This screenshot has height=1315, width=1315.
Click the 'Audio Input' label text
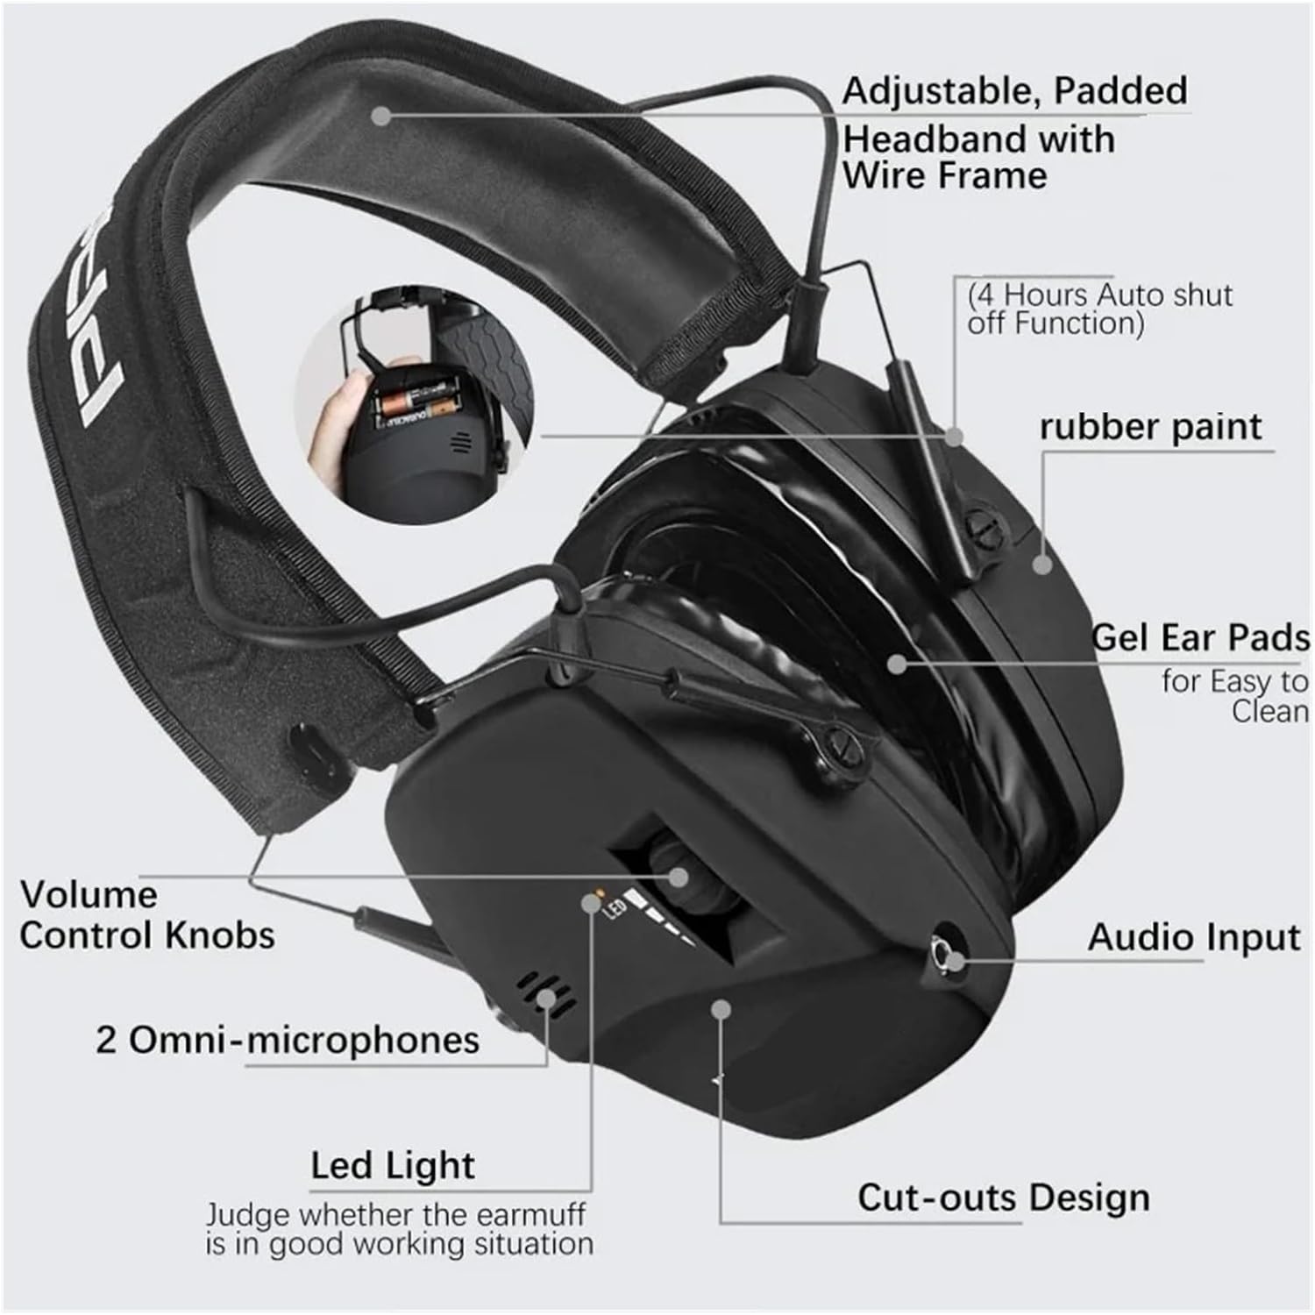coord(1194,937)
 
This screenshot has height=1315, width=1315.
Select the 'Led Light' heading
coord(393,1165)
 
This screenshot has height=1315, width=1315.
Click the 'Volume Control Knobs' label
coord(146,915)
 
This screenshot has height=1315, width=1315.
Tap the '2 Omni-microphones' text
coord(288,1041)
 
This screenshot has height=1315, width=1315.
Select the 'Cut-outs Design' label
coord(1003,1198)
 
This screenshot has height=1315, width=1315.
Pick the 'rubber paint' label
coord(1151,427)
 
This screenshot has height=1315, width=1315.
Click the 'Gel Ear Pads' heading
coord(1200,638)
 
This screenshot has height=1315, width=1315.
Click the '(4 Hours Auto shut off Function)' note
coord(1100,309)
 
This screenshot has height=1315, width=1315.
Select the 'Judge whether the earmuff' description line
coord(395,1216)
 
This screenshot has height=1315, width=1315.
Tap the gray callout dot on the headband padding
coord(380,114)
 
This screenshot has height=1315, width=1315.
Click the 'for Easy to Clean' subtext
coord(1235,696)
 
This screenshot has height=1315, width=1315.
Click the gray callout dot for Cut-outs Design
coord(721,1009)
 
